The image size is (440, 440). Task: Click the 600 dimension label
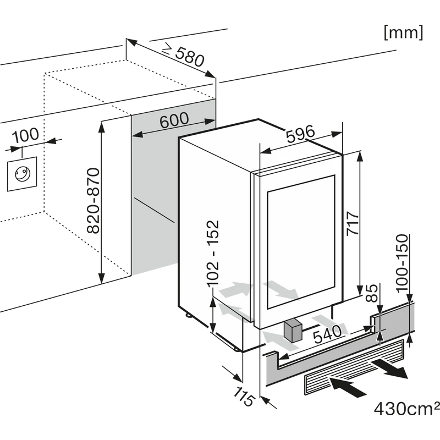click(x=174, y=119)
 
